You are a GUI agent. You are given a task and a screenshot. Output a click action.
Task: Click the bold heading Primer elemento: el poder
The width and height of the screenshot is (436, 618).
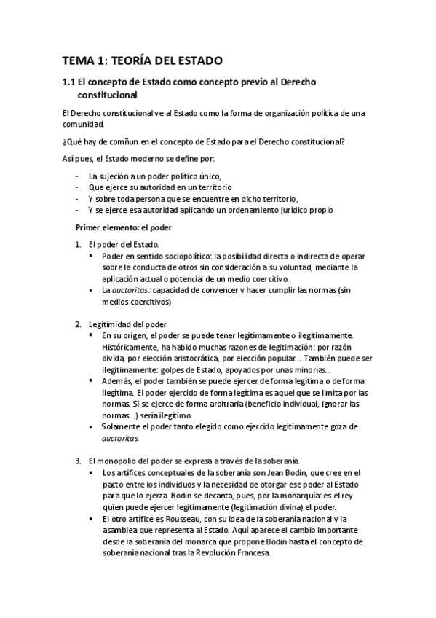click(122, 227)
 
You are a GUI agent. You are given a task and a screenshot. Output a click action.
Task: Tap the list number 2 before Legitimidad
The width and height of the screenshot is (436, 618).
click(79, 324)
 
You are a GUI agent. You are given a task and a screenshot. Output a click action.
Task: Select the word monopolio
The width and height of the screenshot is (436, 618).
click(118, 461)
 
